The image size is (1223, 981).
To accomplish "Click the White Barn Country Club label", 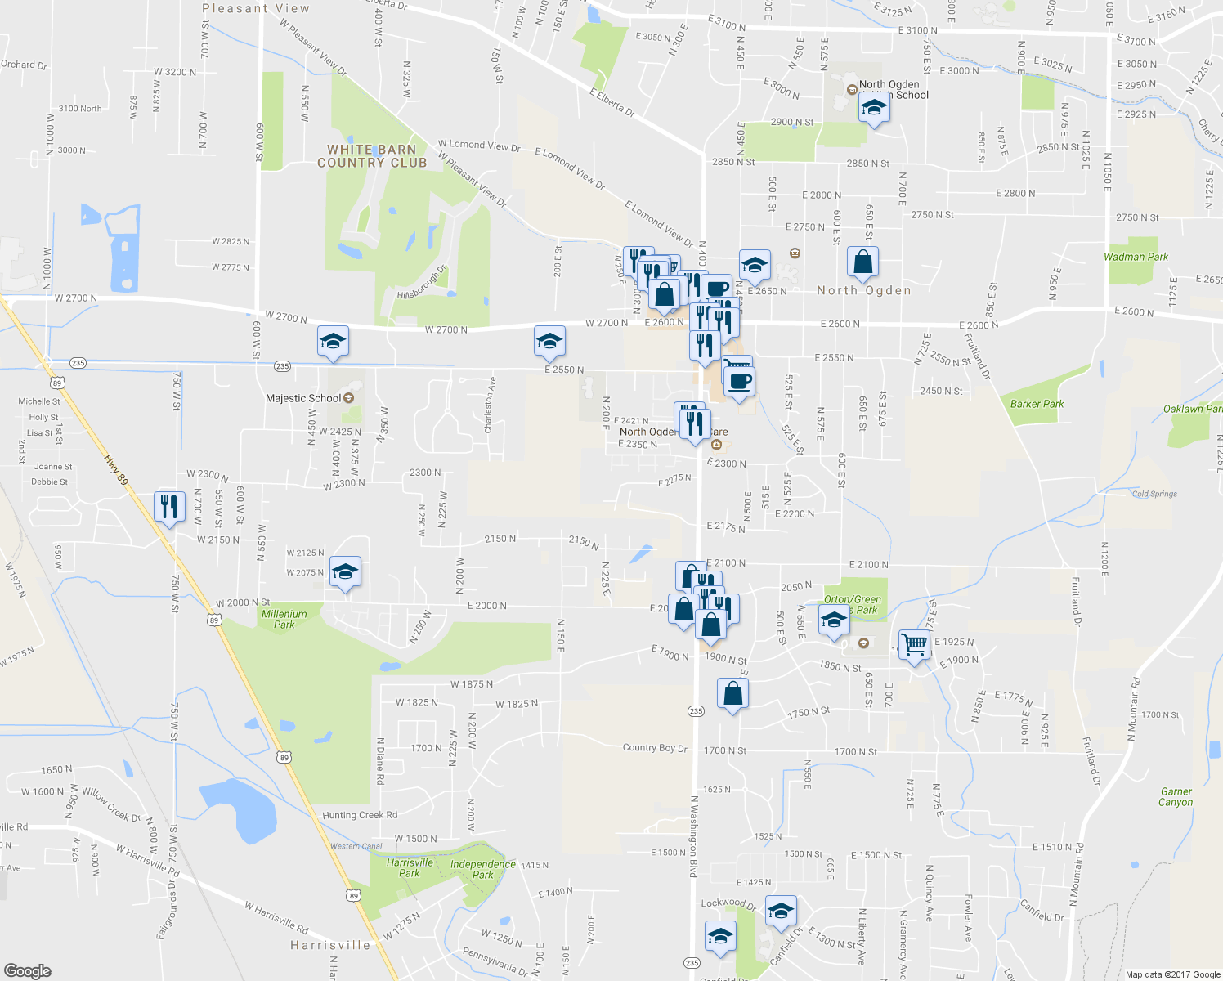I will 372,156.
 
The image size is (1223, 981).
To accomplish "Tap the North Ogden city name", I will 863,290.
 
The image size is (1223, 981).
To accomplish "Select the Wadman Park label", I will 1136,257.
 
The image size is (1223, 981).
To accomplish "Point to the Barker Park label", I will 1037,404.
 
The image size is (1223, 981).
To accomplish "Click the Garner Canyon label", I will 1176,797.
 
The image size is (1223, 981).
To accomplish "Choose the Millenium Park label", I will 284,619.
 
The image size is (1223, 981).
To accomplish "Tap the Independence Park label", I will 483,869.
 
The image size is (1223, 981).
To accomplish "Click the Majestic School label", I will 303,398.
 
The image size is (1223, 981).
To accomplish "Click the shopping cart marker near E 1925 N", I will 914,646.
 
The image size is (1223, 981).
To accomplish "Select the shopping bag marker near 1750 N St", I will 732,694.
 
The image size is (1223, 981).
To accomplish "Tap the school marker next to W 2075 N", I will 345,572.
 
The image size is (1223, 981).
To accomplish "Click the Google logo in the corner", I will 27,970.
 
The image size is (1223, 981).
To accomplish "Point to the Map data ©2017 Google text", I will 1172,974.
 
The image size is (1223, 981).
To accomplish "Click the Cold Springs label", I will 1154,494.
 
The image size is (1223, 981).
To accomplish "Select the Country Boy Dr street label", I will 655,747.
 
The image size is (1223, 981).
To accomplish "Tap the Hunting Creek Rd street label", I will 360,815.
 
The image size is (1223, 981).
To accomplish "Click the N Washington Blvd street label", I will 692,837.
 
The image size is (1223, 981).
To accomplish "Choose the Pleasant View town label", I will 256,8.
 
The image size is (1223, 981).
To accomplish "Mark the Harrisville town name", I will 330,945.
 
